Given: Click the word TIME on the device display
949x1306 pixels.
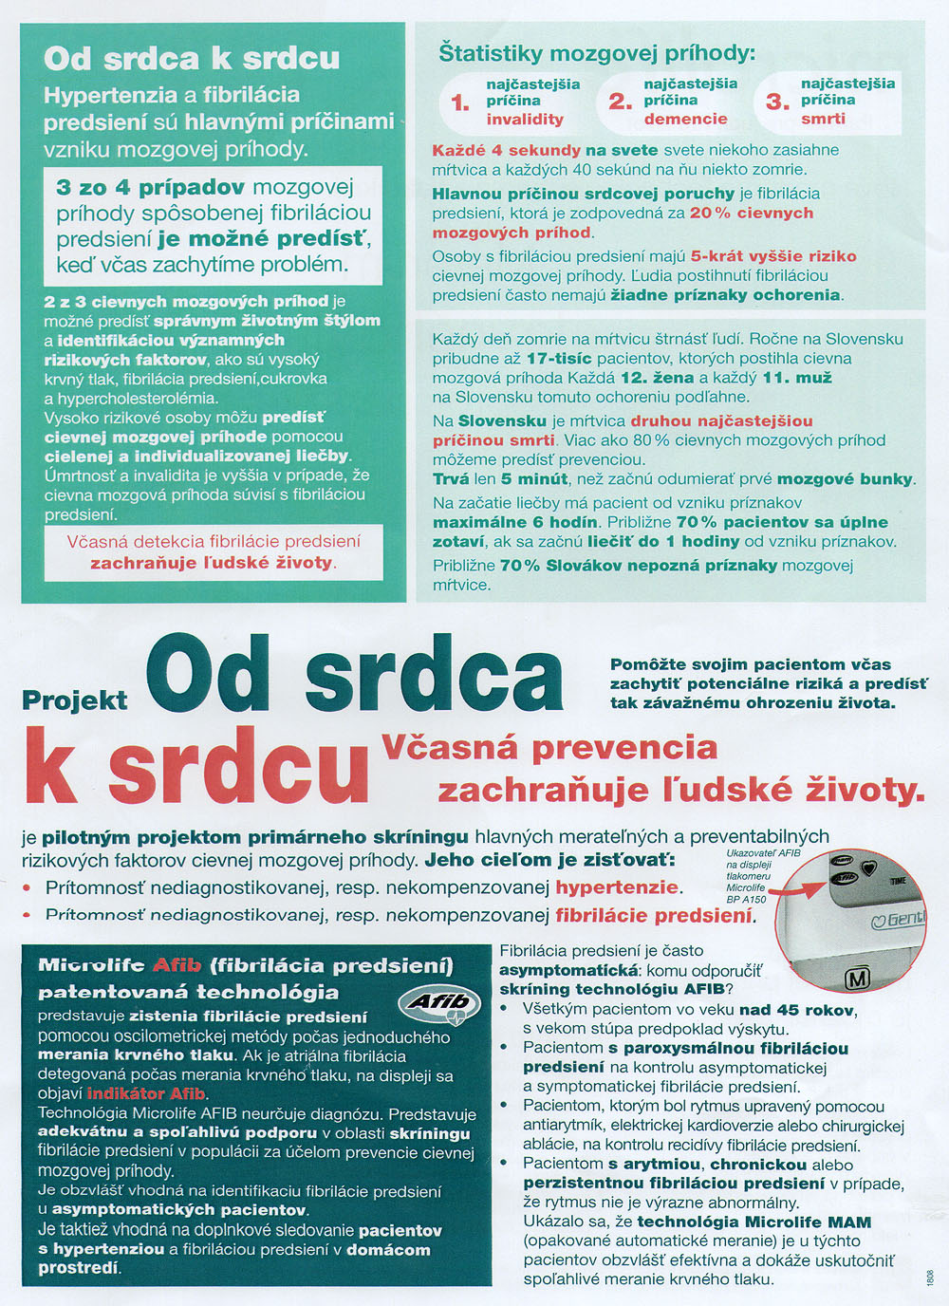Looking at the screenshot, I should (898, 881).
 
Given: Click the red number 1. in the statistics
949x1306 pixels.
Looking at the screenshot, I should (459, 103).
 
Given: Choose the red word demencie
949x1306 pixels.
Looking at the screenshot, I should (685, 119).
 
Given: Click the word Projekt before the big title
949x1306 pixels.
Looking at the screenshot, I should (74, 700).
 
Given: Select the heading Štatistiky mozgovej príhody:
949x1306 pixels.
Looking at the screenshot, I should (597, 52).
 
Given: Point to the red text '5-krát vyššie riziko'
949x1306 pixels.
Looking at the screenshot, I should (773, 255).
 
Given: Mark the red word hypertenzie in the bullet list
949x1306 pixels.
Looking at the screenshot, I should (617, 887).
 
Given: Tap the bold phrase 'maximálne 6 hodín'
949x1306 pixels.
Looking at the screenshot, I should (515, 522).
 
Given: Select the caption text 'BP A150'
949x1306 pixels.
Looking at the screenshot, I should (746, 899).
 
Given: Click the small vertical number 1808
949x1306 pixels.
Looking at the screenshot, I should (930, 1277).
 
